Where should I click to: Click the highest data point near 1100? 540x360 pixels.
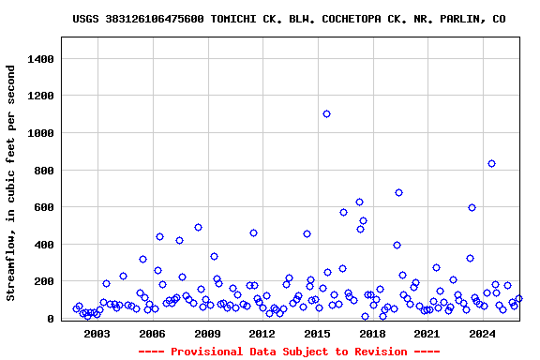[x=326, y=113]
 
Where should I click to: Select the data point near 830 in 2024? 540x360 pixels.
[x=491, y=163]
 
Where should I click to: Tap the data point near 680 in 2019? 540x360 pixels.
[x=398, y=192]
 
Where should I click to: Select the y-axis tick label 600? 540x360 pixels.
[x=47, y=207]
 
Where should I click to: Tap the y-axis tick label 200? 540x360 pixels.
[x=47, y=281]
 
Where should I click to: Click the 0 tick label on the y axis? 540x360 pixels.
[x=53, y=319]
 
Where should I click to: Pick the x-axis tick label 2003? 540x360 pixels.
[x=97, y=334]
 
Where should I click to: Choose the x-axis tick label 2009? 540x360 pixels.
[x=207, y=334]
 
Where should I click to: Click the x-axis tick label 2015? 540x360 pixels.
[x=317, y=334]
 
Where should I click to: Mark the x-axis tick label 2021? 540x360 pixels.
[x=427, y=334]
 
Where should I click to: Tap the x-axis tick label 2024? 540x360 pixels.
[x=482, y=334]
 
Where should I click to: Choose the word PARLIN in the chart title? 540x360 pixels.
[x=466, y=19]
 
